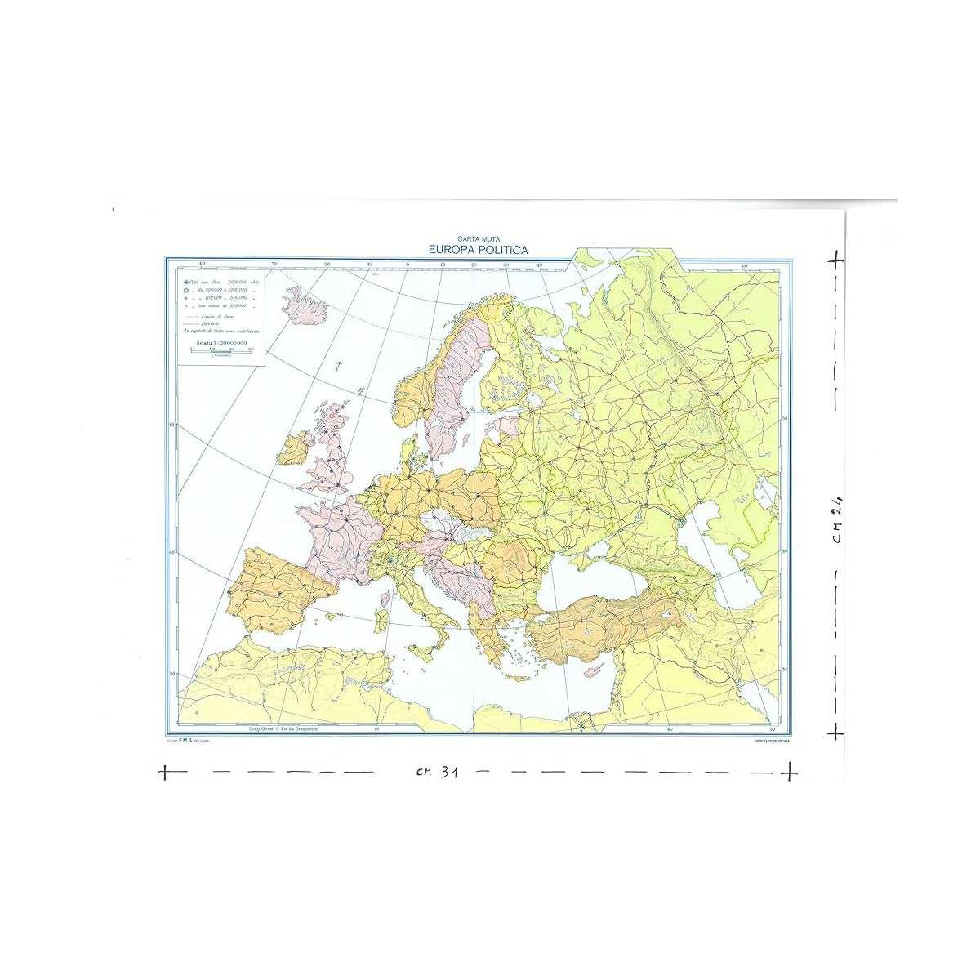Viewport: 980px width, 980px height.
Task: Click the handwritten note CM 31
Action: coord(433,773)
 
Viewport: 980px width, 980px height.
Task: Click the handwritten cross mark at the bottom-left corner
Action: coord(164,771)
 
